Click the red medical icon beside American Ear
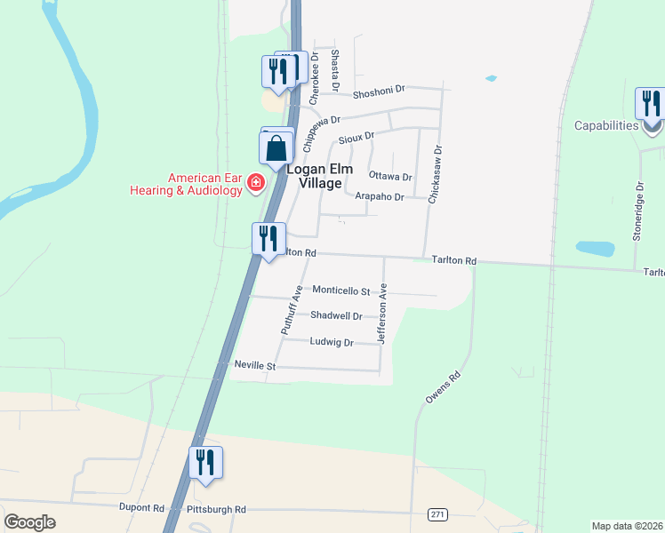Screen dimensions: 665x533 coord(256,182)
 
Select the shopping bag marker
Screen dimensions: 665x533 coord(276,149)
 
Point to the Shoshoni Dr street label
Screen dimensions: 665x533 coord(379,90)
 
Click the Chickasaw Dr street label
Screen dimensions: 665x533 coord(436,176)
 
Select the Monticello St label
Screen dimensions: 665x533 coord(341,290)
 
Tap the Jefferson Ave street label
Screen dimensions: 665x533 coord(383,314)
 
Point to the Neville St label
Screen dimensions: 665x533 coord(256,365)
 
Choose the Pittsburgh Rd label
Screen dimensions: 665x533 coord(216,509)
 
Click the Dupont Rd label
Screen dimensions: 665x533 coord(142,508)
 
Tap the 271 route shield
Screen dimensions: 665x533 coord(437,514)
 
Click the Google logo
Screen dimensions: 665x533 coord(29,521)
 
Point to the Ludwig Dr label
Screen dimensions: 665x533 coord(332,342)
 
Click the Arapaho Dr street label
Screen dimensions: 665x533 coord(380,196)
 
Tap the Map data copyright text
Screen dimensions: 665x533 coord(626,526)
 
